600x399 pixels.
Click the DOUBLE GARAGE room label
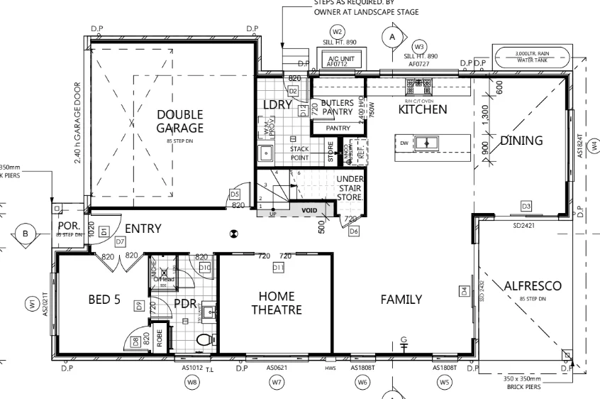[179, 121]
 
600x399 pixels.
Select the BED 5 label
[104, 300]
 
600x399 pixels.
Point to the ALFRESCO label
[533, 286]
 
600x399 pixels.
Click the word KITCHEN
[423, 109]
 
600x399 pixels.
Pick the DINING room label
[521, 140]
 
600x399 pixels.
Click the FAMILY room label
[401, 299]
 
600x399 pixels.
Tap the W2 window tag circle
[338, 32]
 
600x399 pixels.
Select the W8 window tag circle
[191, 383]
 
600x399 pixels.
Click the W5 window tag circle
[445, 383]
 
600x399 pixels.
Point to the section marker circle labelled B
[26, 233]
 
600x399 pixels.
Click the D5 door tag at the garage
[235, 193]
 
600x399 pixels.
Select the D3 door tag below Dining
[526, 205]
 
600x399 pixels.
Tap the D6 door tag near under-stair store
[354, 231]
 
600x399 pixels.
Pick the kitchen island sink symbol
[427, 143]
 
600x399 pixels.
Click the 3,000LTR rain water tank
[533, 55]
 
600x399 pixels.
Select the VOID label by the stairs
[309, 211]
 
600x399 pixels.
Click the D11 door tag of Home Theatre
[278, 267]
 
